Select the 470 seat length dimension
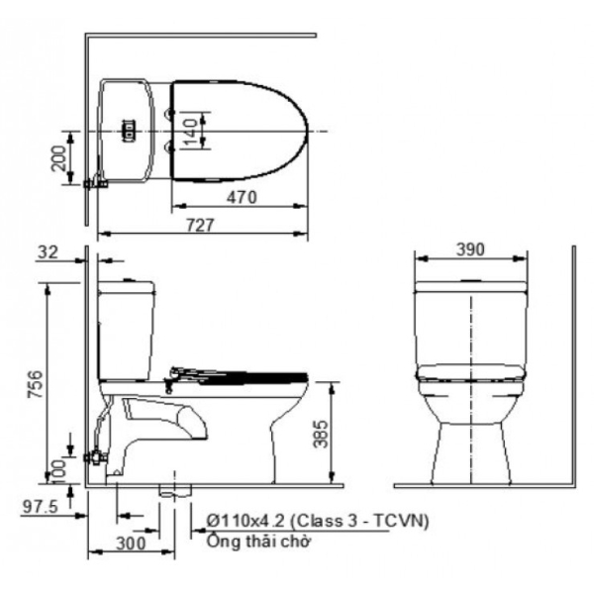coord(241,197)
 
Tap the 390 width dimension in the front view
coord(469,250)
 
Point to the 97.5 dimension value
coord(40,507)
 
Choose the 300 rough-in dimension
coord(129,543)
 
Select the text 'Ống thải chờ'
coord(259,542)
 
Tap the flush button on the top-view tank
coord(126,129)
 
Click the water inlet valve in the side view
coord(96,457)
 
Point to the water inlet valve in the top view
coord(96,183)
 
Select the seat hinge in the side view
coord(179,373)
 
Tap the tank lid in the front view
coord(470,286)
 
